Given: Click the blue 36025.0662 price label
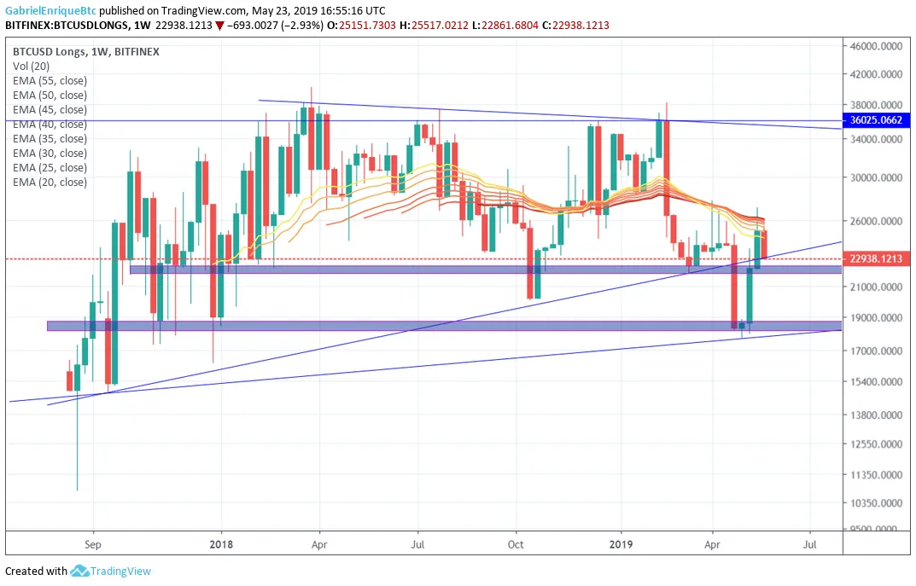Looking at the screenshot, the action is tap(876, 120).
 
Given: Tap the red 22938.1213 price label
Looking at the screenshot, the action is tap(876, 258).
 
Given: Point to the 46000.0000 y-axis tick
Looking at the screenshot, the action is tap(876, 46).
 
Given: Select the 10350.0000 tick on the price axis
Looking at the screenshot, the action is tap(876, 503).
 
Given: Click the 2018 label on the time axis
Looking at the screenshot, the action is tap(221, 544).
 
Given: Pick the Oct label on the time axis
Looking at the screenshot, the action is tap(516, 544).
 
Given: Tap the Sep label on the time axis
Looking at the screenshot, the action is tap(93, 544).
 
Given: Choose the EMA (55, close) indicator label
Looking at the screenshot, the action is tap(50, 80).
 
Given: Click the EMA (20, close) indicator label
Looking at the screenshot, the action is tap(50, 182).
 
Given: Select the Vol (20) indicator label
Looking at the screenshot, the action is tap(31, 67).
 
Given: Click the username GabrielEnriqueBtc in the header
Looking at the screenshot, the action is tap(51, 10).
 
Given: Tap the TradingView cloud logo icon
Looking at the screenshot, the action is tap(79, 571).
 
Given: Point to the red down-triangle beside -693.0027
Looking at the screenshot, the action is tap(219, 26).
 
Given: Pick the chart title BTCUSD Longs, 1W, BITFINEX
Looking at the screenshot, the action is tap(86, 51).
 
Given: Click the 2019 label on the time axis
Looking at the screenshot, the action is tap(621, 544).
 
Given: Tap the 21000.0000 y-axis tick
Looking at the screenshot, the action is tap(876, 287).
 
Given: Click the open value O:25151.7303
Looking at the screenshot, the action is tap(362, 25).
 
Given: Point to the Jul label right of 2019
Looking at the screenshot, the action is tap(809, 544).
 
